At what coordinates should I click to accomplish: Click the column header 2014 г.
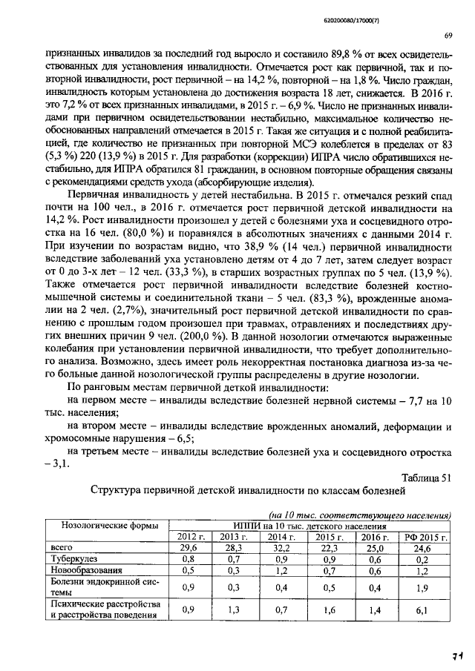coord(281,536)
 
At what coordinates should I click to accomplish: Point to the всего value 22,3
coord(327,547)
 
